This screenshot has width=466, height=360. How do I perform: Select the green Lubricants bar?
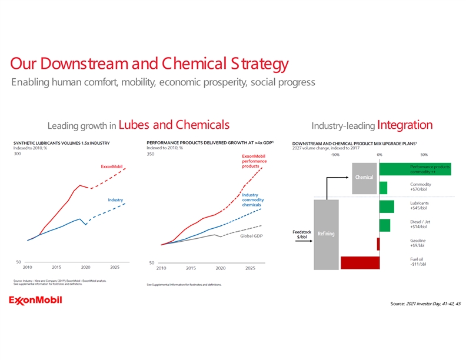(387, 206)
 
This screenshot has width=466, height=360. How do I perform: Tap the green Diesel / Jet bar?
(385, 225)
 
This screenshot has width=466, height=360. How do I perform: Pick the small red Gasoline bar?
(378, 244)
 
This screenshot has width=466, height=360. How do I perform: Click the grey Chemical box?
(364, 178)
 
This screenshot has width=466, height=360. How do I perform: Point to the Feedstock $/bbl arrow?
(303, 240)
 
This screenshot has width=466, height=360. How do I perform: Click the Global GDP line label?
(251, 236)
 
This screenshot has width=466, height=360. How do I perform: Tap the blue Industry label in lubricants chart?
(115, 200)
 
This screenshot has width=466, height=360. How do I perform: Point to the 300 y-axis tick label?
(17, 154)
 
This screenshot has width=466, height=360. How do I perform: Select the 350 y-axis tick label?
(151, 154)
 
